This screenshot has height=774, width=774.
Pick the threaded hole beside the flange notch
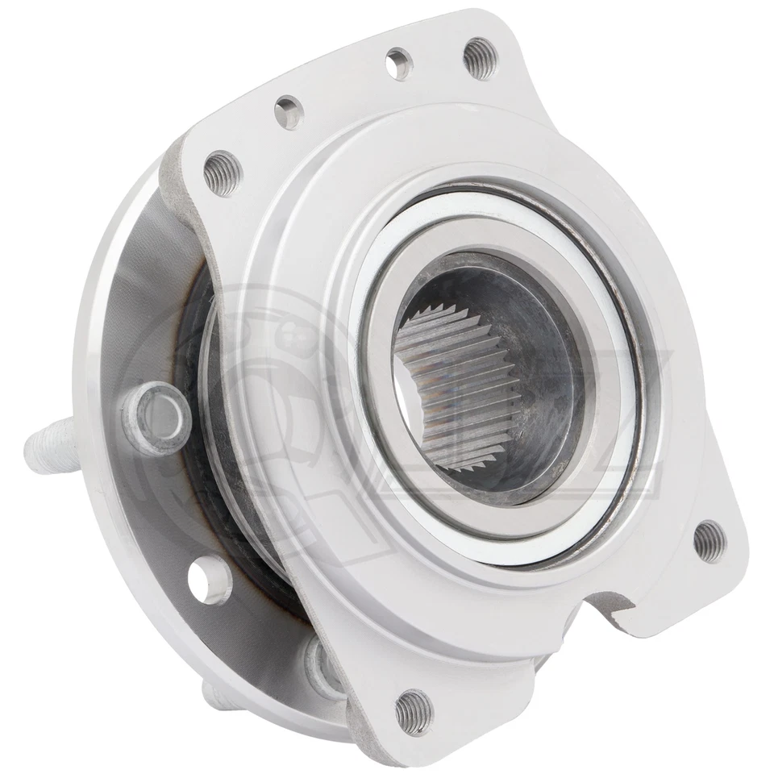(709, 540)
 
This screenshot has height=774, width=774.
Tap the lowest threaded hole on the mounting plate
(413, 711)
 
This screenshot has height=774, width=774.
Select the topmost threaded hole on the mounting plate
(481, 58)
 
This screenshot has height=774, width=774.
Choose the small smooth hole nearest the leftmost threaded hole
(288, 112)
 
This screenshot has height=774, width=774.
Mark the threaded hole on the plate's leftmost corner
(222, 172)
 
